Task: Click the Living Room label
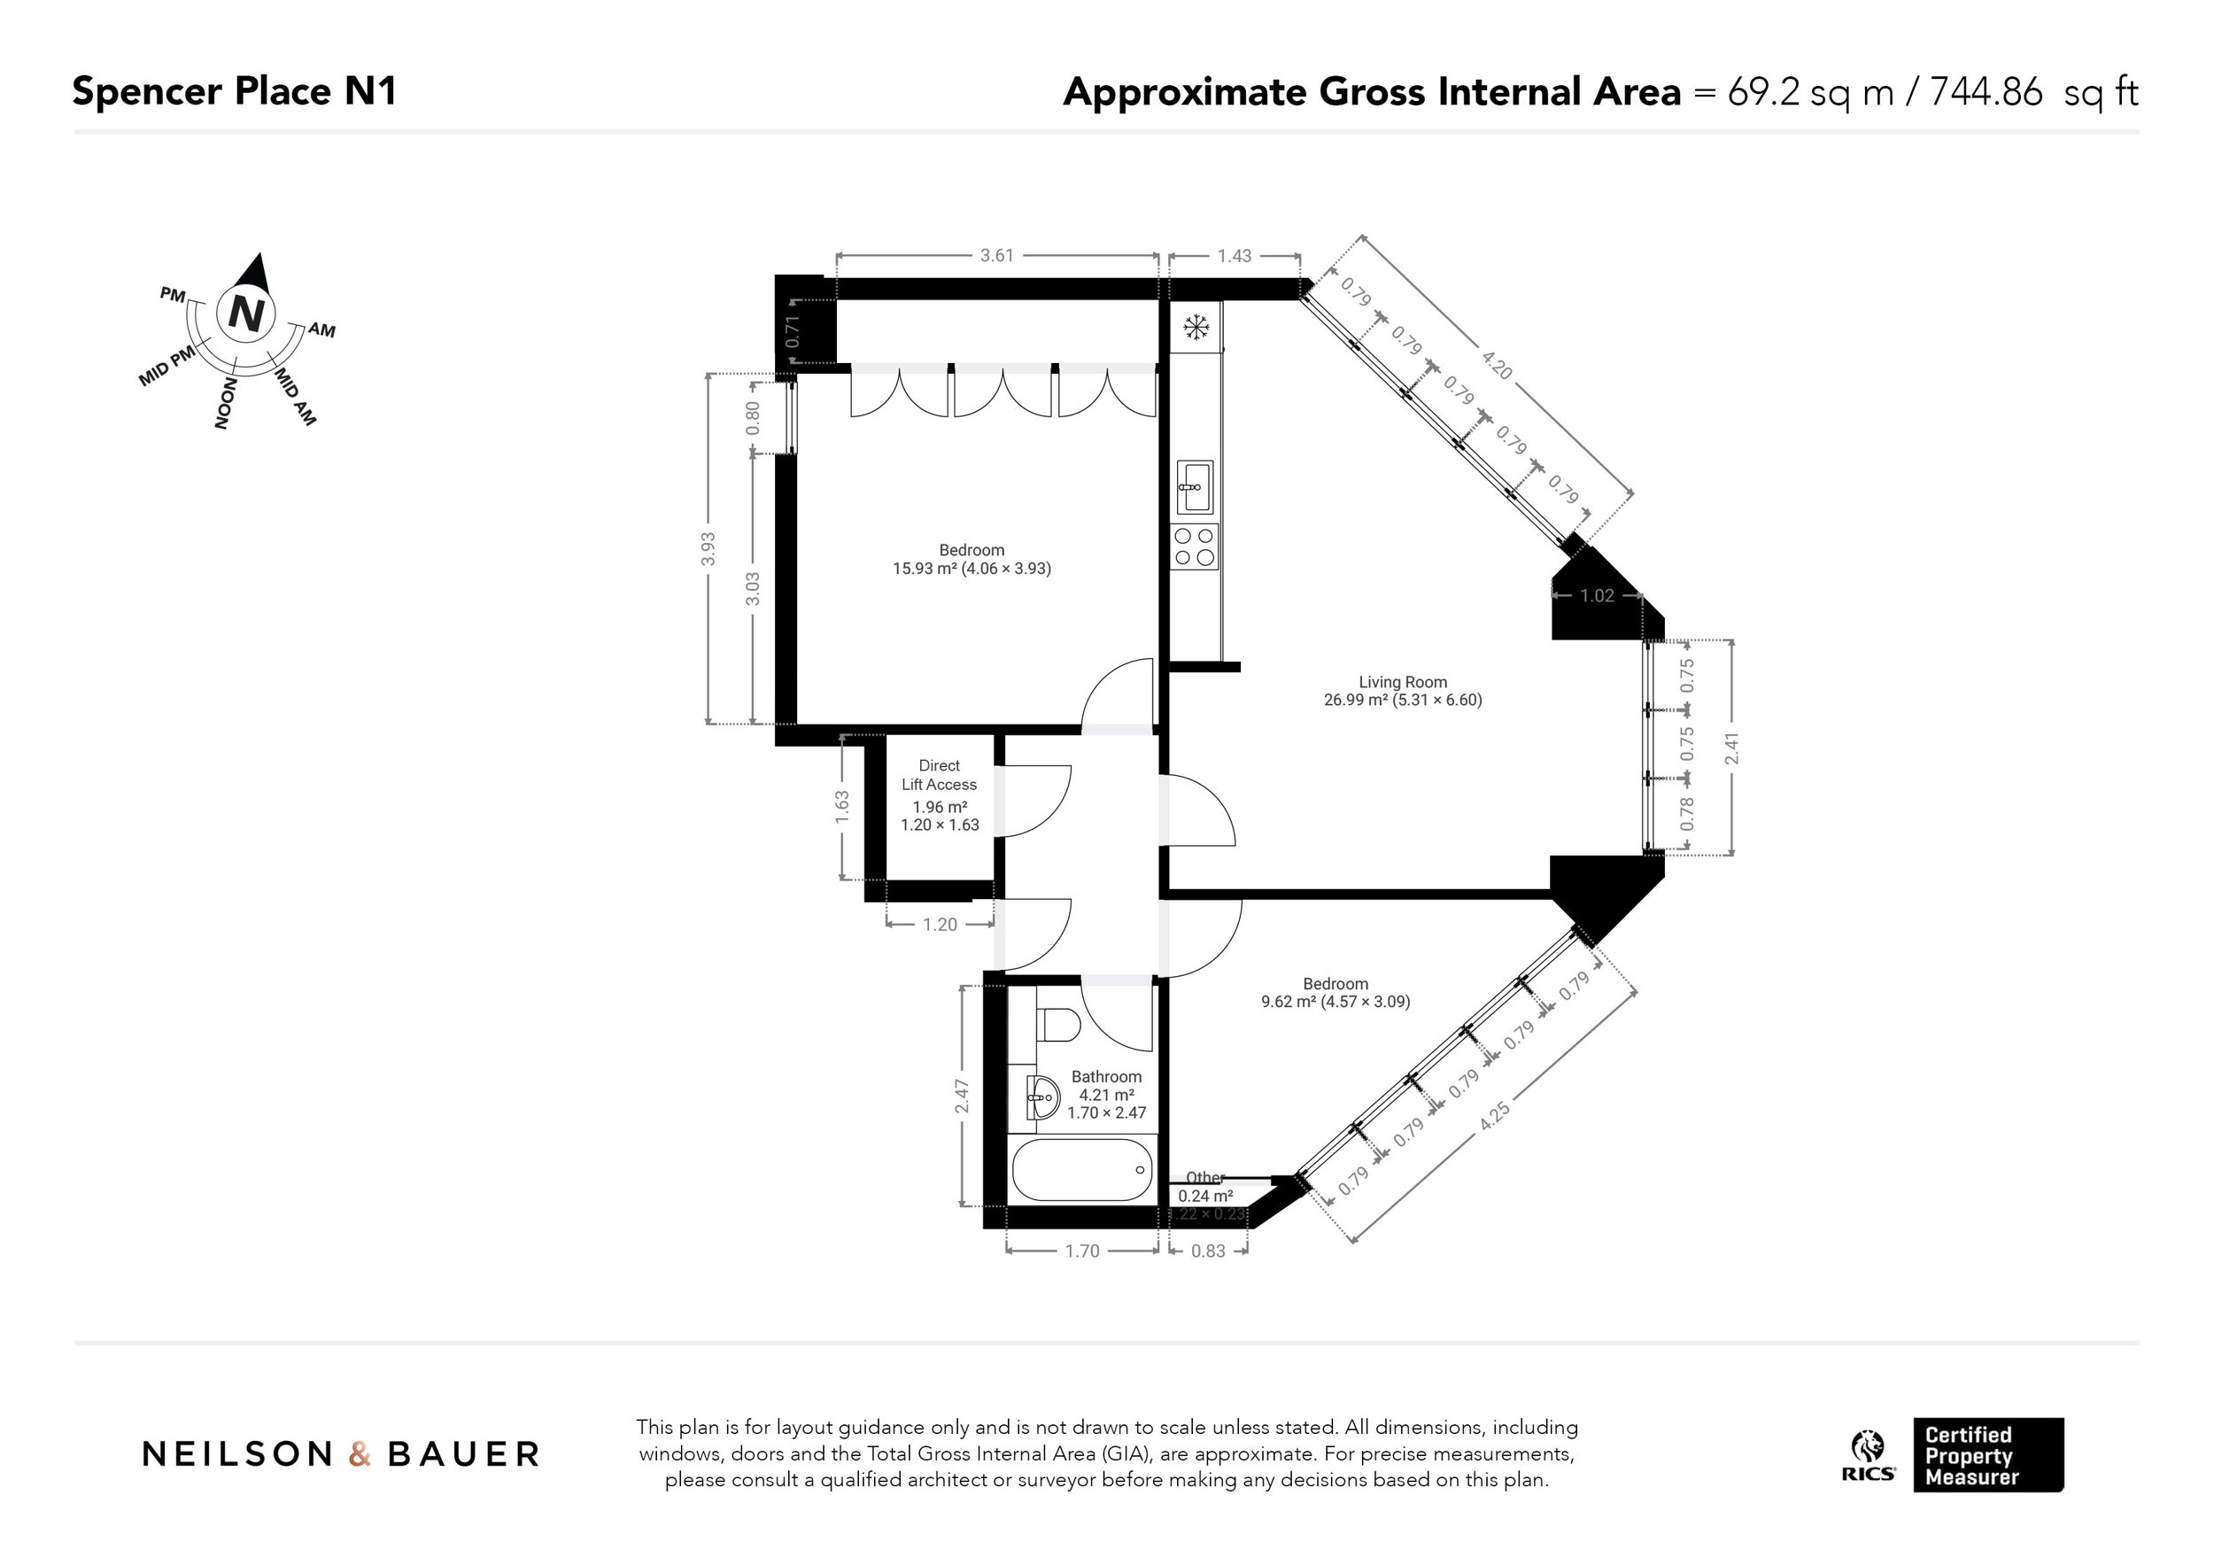1402,683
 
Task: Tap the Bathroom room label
1106,1077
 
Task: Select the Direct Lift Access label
940,775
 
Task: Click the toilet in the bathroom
1060,1024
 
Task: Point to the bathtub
1082,1170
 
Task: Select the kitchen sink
1196,487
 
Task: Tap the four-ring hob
1195,546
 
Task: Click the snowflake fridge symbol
1196,329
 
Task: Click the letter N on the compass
247,314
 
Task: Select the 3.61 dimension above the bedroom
997,256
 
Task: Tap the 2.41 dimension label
1732,749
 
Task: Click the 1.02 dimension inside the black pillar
1597,596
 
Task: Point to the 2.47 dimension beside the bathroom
962,1096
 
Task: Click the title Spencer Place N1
235,91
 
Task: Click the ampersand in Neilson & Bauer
360,1454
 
